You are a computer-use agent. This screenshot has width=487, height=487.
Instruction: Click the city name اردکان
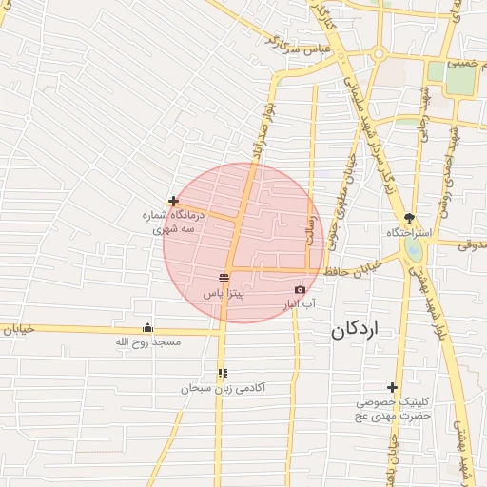tap(355, 330)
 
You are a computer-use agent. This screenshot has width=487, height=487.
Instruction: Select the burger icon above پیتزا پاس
tap(224, 277)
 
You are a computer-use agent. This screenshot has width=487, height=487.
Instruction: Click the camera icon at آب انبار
tap(301, 289)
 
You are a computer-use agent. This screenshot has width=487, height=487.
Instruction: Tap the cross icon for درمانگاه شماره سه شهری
tap(173, 201)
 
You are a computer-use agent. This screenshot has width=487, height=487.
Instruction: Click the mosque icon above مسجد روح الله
tap(146, 328)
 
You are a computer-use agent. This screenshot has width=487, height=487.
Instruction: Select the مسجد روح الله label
tap(147, 341)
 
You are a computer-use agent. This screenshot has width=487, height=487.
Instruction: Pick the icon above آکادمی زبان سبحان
tap(223, 373)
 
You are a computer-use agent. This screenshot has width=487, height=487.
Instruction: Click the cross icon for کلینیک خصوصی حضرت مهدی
tap(392, 386)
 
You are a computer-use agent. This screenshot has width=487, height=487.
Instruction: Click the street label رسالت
tap(310, 231)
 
